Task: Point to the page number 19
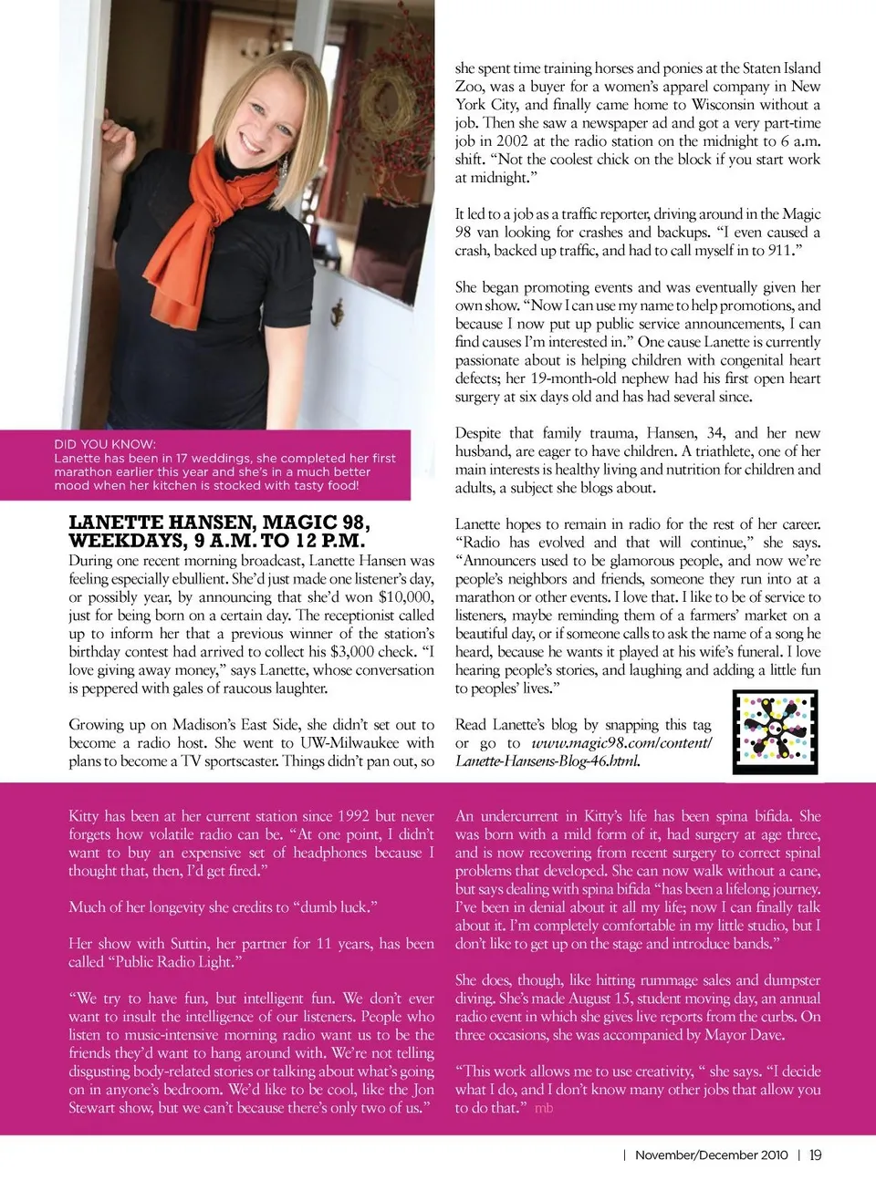coord(815,1154)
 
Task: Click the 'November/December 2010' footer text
coord(711,1154)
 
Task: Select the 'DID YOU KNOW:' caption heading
coord(105,444)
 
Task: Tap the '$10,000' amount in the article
coord(406,597)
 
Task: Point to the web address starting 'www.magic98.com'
coord(620,743)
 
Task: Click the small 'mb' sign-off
coord(544,1108)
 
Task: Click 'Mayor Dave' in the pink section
coord(744,1035)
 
